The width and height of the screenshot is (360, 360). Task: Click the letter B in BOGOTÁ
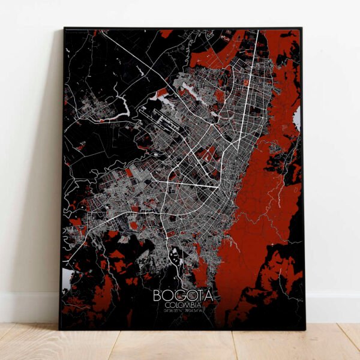coord(158,295)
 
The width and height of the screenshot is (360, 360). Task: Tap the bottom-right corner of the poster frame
coord(304,329)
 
